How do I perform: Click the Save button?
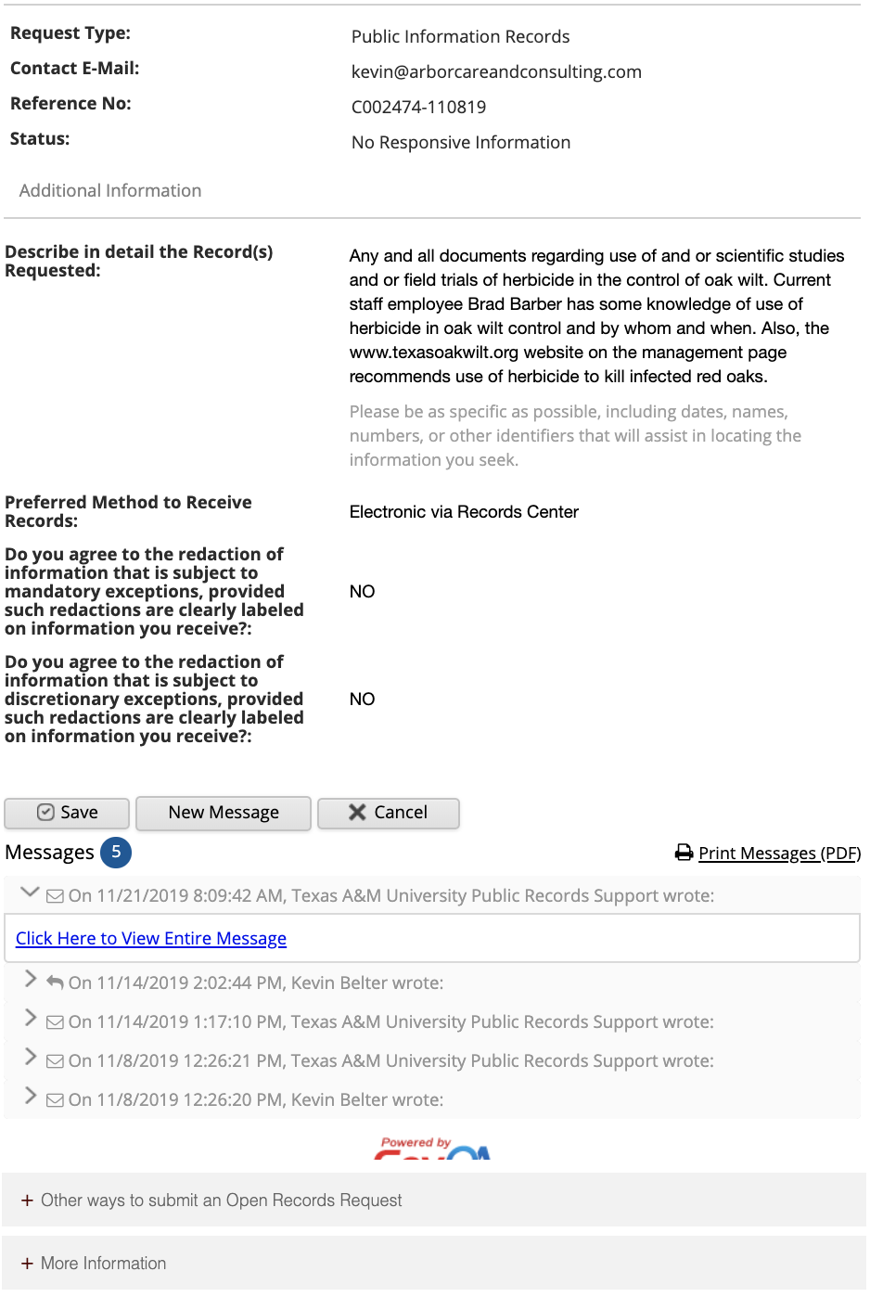click(x=67, y=813)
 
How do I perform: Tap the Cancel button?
click(x=388, y=813)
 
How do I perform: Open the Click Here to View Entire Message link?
click(x=151, y=939)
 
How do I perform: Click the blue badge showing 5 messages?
click(x=116, y=853)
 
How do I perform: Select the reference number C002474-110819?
click(x=418, y=108)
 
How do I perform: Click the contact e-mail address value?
click(x=496, y=72)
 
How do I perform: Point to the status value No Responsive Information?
click(x=461, y=143)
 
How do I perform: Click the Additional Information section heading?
click(x=110, y=191)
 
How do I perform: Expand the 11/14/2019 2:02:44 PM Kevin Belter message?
click(x=255, y=983)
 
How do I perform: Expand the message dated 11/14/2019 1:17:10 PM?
click(x=390, y=1022)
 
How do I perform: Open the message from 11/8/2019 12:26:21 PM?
click(x=390, y=1061)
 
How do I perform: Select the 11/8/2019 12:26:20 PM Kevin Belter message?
click(x=255, y=1100)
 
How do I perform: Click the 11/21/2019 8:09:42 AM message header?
click(x=390, y=896)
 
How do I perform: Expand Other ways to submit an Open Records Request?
click(x=221, y=1201)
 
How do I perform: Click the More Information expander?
click(x=102, y=1264)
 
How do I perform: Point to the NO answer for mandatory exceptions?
click(x=362, y=592)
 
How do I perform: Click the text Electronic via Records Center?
click(x=464, y=512)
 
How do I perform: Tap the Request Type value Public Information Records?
click(x=460, y=37)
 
